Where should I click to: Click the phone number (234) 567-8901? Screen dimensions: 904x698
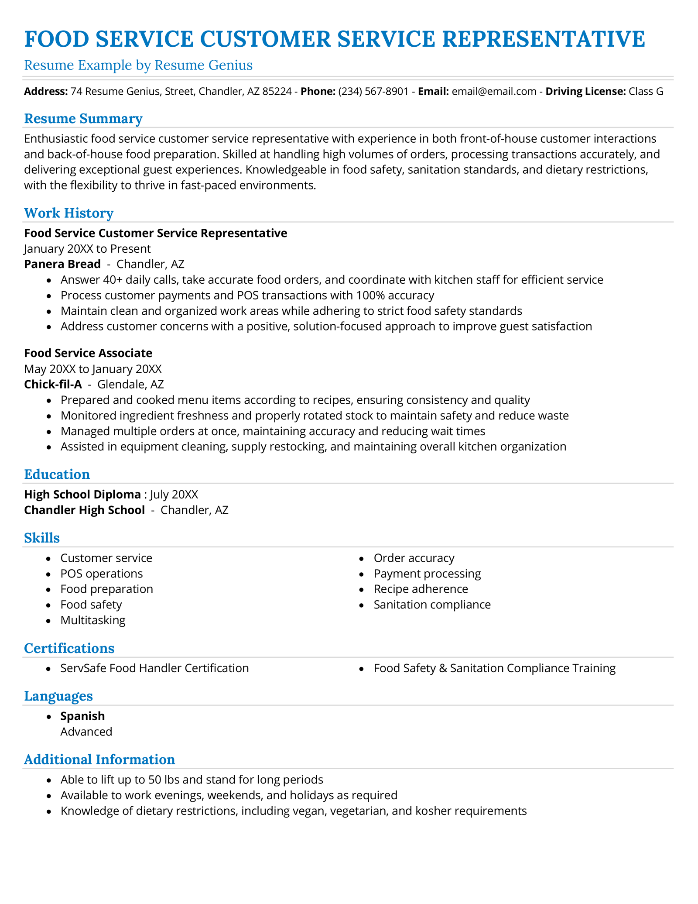click(x=373, y=92)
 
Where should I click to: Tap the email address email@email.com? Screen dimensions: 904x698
click(x=494, y=92)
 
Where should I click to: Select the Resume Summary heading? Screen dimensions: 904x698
click(x=83, y=119)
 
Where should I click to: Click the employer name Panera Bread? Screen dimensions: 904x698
click(x=62, y=264)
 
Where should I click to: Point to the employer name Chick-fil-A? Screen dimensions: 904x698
click(x=53, y=385)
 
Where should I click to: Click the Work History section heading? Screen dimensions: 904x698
click(x=68, y=213)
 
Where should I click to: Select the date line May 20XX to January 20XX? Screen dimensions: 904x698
click(x=92, y=369)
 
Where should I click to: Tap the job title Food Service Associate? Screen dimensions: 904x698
click(x=88, y=353)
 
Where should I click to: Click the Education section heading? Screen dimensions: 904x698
click(x=57, y=474)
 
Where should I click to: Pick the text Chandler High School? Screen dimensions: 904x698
click(x=84, y=510)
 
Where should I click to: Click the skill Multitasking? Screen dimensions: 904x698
click(x=92, y=620)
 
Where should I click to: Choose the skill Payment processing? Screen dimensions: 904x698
click(x=427, y=574)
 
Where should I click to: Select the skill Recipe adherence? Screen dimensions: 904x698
click(x=421, y=589)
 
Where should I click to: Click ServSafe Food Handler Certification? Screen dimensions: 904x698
click(x=154, y=668)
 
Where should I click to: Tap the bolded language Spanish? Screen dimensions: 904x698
click(x=82, y=716)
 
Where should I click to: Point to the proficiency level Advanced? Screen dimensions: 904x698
click(x=86, y=732)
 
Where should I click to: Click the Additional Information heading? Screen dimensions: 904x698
click(x=99, y=760)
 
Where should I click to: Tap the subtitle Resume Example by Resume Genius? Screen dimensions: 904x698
click(x=138, y=65)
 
